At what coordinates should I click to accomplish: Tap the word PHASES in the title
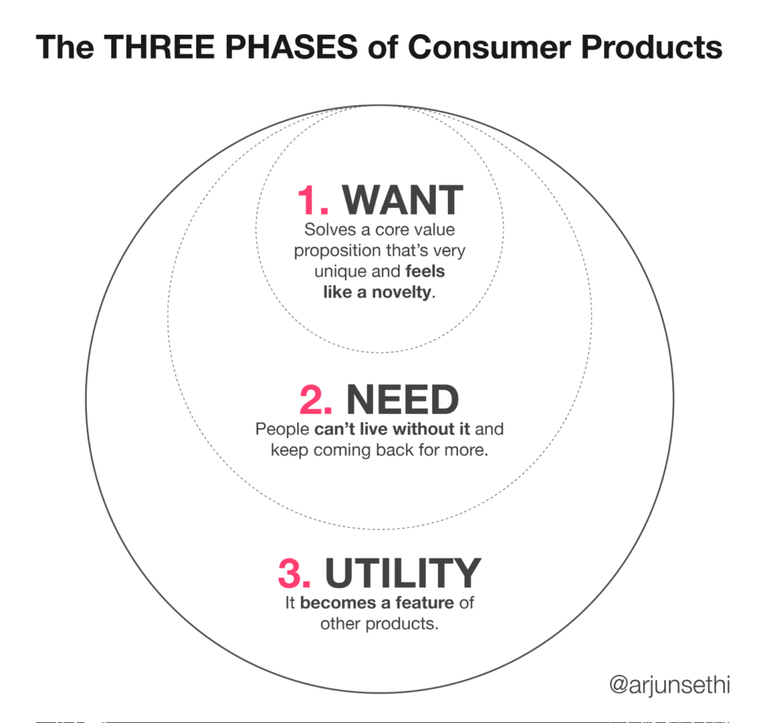pos(291,47)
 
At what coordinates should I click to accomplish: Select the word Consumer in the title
pos(490,47)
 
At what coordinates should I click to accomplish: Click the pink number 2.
pos(316,400)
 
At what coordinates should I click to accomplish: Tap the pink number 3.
pos(294,573)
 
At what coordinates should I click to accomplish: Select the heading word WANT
pos(402,200)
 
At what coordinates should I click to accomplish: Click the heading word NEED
pos(402,400)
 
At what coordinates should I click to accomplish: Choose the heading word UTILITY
pos(402,573)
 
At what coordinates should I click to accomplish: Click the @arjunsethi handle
pos(669,685)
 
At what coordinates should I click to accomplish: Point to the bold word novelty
pos(401,292)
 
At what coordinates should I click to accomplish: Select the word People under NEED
pos(282,429)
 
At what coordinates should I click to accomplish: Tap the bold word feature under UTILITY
pos(425,603)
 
